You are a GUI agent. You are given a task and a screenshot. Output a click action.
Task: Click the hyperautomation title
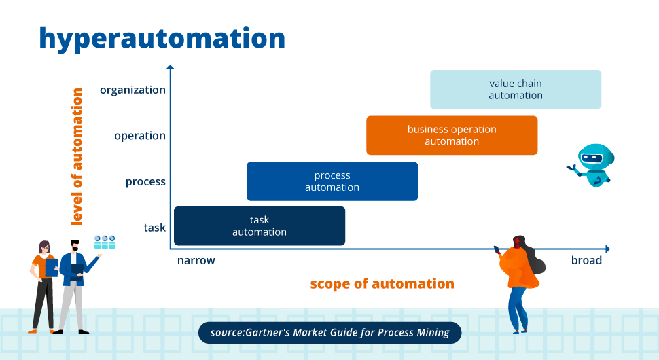[x=162, y=39]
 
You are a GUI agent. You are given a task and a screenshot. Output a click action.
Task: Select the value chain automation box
[x=516, y=90]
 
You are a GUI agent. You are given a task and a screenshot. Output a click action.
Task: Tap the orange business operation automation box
[x=452, y=135]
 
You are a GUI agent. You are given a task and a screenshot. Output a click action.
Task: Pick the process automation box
[x=332, y=181]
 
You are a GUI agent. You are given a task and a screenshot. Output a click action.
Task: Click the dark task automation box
[x=260, y=226]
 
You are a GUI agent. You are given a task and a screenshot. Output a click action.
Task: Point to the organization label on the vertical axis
[x=132, y=90]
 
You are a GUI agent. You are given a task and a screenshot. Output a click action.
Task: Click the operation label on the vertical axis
[x=140, y=136]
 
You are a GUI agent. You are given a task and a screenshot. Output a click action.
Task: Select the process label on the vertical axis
[x=145, y=182]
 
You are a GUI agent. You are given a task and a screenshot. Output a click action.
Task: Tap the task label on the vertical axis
[x=155, y=228]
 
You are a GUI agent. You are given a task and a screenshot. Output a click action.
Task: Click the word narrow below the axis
[x=196, y=260]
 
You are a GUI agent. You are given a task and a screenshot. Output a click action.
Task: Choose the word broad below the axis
[x=586, y=260]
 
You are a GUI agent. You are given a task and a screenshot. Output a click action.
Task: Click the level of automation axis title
[x=77, y=156]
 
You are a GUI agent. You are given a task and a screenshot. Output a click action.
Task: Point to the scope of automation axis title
[x=382, y=283]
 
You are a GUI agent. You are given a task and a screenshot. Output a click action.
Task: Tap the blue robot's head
[x=596, y=158]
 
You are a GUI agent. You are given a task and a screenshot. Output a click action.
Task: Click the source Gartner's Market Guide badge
[x=330, y=333]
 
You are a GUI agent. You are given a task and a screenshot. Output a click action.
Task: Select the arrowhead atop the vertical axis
[x=171, y=67]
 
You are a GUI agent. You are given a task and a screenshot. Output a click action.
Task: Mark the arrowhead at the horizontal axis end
[x=607, y=249]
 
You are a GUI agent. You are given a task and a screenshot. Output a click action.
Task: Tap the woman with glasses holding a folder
[x=43, y=287]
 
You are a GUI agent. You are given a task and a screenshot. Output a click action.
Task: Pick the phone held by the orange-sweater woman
[x=497, y=249]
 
